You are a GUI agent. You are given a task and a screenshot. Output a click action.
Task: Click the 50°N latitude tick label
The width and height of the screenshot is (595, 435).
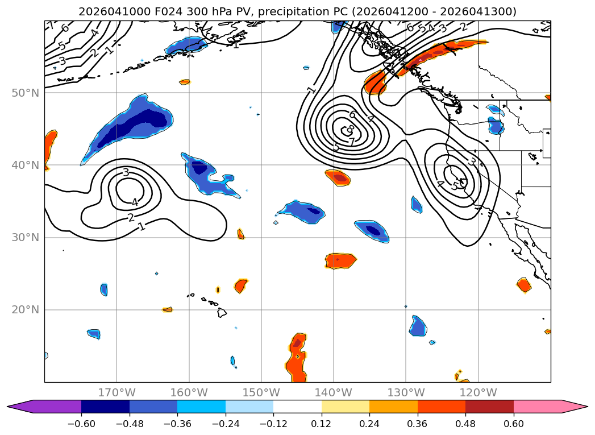pyautogui.click(x=25, y=93)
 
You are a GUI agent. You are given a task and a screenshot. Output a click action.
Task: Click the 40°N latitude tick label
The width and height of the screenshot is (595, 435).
pyautogui.click(x=25, y=165)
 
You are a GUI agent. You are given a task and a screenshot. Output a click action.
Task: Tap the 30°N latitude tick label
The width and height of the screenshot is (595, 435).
pyautogui.click(x=25, y=237)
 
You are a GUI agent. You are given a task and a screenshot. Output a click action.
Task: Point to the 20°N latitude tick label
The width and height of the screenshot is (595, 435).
pyautogui.click(x=25, y=310)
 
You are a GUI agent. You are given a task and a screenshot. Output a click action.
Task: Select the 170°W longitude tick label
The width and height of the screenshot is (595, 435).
pyautogui.click(x=116, y=392)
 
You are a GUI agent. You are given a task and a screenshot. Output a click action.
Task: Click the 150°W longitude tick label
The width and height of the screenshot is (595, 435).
pyautogui.click(x=261, y=392)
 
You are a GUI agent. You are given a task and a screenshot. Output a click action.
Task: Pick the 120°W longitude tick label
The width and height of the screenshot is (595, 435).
pyautogui.click(x=478, y=392)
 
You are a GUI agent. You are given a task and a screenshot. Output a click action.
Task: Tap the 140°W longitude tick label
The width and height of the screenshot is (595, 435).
pyautogui.click(x=334, y=392)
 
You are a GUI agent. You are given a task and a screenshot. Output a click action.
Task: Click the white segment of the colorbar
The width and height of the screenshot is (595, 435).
pyautogui.click(x=297, y=407)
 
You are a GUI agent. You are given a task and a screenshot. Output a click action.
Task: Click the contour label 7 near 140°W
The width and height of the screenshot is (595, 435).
pyautogui.click(x=352, y=142)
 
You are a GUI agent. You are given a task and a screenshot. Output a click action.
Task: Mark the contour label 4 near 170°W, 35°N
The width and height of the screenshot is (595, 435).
pyautogui.click(x=135, y=202)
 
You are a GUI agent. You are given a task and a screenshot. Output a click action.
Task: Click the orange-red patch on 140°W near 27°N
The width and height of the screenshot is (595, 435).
pyautogui.click(x=340, y=260)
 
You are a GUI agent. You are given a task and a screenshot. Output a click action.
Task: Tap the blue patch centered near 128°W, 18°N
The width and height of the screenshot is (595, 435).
pyautogui.click(x=418, y=326)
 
